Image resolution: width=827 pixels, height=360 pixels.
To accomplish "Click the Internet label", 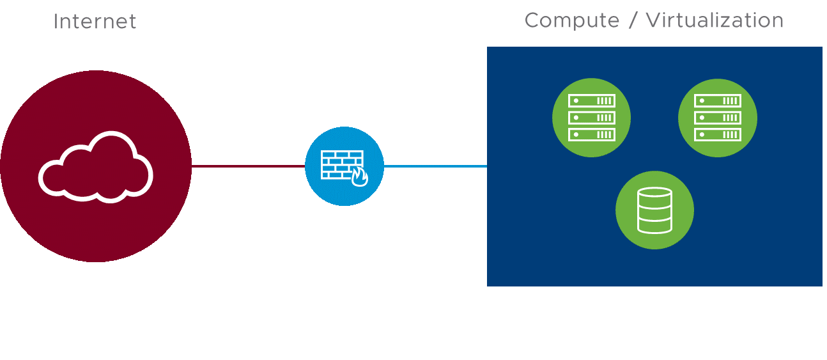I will (x=95, y=22).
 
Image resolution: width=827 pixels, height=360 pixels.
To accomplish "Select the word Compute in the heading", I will (x=571, y=20).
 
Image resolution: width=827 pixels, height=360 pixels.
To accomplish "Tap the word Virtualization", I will (x=715, y=20).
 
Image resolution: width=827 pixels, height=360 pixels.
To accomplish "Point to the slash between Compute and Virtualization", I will (x=633, y=20).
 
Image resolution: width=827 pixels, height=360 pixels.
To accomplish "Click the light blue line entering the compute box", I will (x=435, y=166).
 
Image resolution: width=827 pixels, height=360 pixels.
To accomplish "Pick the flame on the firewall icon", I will (x=360, y=177).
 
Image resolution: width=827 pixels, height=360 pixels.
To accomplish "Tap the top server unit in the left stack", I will (x=592, y=101).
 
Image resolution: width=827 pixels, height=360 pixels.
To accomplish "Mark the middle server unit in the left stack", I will (x=592, y=118).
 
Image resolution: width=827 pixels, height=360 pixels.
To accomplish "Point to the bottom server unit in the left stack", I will (x=592, y=134).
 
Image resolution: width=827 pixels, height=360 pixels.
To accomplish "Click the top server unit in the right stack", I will (x=717, y=101).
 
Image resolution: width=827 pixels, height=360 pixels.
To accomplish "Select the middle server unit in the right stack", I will (x=717, y=118).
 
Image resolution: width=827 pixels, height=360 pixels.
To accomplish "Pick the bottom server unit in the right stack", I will (x=717, y=134).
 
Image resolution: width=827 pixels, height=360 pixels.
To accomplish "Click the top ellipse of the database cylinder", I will (x=654, y=192).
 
